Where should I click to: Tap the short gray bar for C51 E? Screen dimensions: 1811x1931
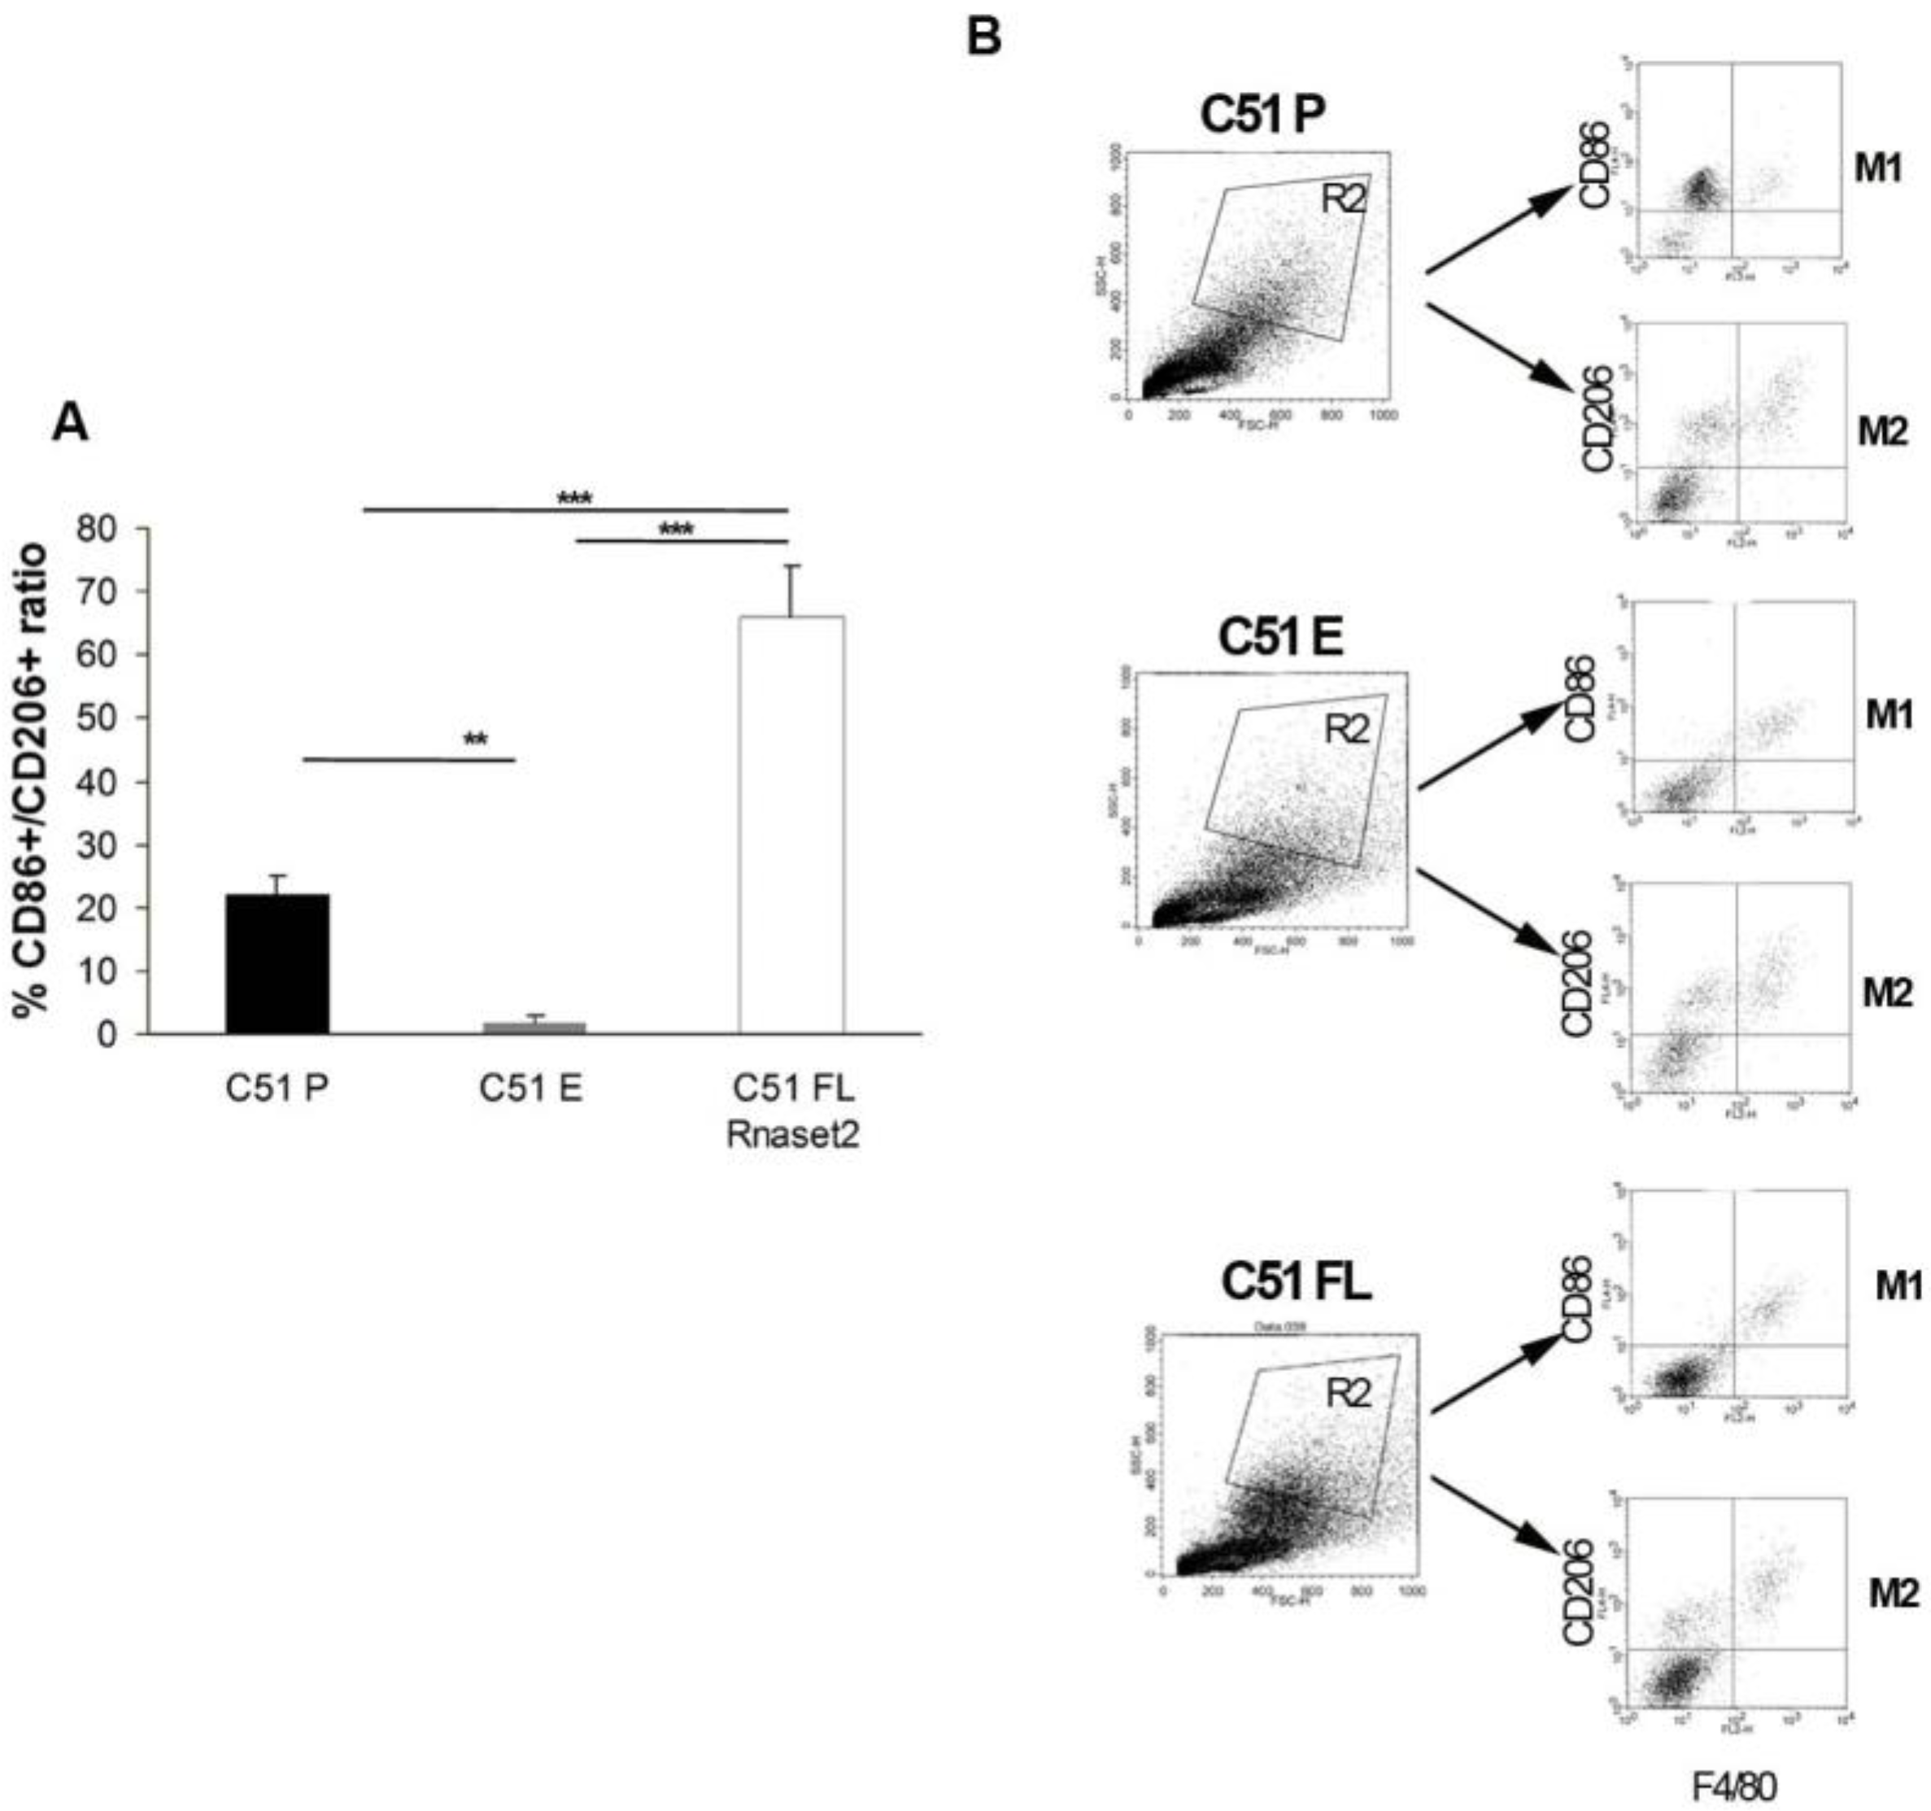tap(534, 1027)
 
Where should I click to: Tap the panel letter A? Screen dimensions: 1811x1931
tap(70, 424)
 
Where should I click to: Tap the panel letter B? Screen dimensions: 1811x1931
tap(984, 37)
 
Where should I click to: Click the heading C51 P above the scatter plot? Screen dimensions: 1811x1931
tap(1262, 116)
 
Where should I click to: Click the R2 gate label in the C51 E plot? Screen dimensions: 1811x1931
tap(1346, 729)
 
